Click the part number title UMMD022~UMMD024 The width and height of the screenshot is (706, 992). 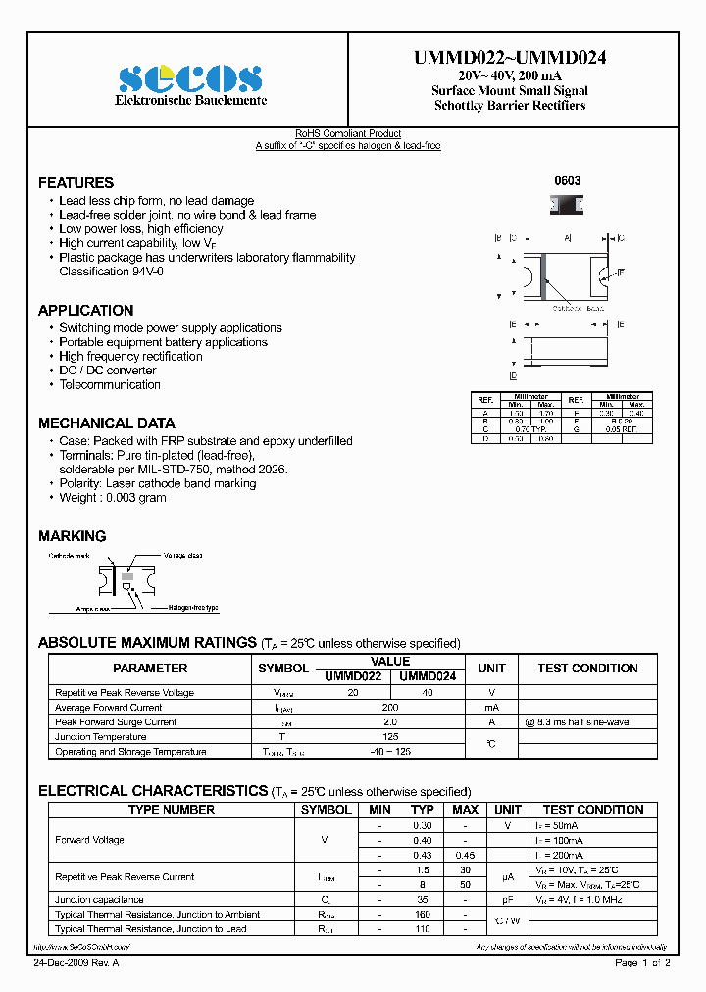coord(510,58)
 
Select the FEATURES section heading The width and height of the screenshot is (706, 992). coord(76,183)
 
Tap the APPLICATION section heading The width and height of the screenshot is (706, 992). coord(85,311)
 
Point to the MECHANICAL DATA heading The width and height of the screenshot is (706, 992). coord(106,423)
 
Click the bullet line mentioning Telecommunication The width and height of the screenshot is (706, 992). coord(109,385)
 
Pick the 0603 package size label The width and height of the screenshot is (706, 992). coord(567,181)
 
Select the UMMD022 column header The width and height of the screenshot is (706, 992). coord(352,675)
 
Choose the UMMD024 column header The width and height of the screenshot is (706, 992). coord(428,675)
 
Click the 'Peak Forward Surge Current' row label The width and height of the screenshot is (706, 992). coord(116,721)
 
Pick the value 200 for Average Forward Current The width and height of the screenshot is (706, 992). coord(390,707)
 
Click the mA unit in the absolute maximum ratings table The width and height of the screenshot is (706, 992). coord(491,707)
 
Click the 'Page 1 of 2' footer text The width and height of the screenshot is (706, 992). coord(641,964)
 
